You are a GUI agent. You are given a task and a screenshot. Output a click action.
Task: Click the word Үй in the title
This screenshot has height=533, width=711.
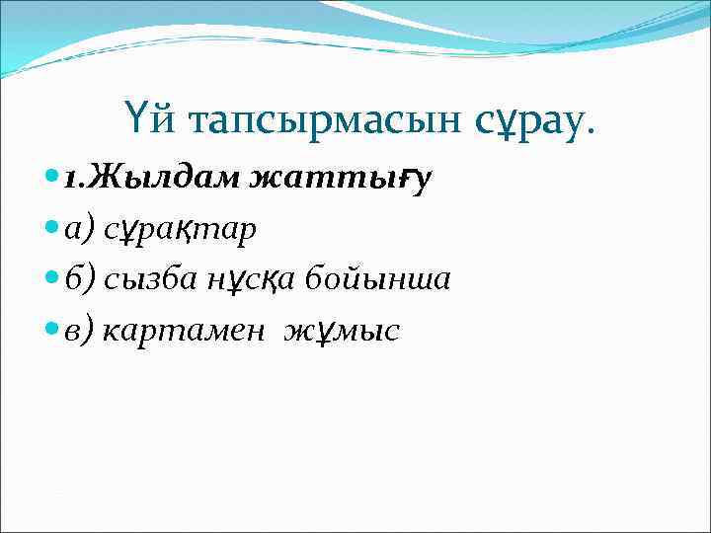tap(144, 119)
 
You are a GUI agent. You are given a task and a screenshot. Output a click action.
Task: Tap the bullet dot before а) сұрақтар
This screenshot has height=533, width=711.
tap(51, 228)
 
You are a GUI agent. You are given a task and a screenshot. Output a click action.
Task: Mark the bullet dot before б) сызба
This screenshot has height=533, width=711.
tap(51, 279)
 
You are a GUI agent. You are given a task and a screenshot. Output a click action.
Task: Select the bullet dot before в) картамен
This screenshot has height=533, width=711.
tap(51, 330)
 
